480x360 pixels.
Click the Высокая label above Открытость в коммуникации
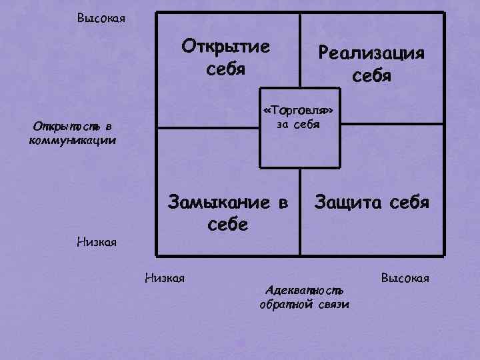click(101, 17)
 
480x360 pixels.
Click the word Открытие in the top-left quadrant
click(227, 47)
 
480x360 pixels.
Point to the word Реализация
click(371, 52)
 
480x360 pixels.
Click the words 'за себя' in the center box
click(299, 124)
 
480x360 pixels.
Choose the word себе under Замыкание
click(227, 224)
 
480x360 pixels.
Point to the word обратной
click(285, 305)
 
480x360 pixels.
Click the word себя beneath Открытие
click(227, 69)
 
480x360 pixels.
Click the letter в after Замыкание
click(283, 201)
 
